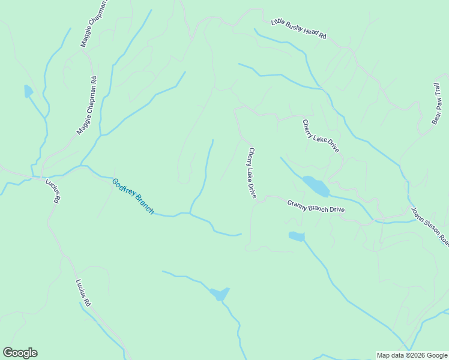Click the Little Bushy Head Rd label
point(298,29)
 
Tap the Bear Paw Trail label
point(438,104)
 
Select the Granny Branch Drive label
point(316,206)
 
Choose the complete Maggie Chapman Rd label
point(86,105)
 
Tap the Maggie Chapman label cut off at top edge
point(94,24)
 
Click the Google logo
point(20,353)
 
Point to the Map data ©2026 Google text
point(412,355)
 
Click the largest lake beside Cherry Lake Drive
point(316,186)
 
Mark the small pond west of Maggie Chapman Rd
point(28,91)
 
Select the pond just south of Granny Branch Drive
point(297,236)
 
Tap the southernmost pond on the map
point(219,294)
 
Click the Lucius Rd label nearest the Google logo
point(83,293)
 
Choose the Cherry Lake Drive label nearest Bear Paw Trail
point(321,136)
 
